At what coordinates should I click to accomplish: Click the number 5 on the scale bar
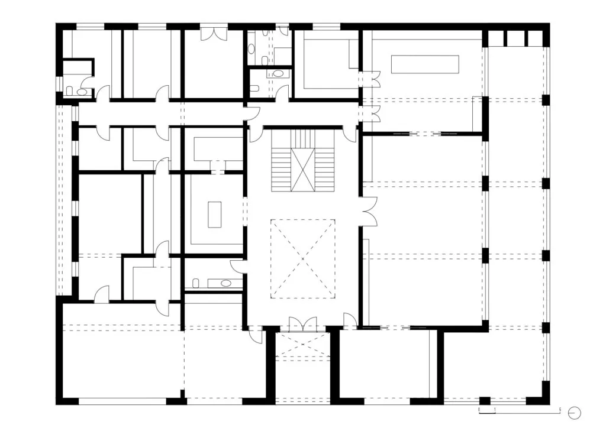(560, 409)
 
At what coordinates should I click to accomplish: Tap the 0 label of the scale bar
(479, 409)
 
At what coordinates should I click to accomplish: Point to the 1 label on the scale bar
(495, 409)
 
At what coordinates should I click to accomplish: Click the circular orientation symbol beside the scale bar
(575, 413)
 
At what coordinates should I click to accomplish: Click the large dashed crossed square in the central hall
(302, 258)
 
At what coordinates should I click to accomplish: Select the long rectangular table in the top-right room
(425, 64)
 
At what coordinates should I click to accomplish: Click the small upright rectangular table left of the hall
(214, 215)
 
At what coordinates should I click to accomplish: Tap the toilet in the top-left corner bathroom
(70, 92)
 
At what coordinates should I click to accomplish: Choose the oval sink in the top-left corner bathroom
(82, 92)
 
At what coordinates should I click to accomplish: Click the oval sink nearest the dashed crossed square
(225, 284)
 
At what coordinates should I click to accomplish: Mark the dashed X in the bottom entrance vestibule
(302, 344)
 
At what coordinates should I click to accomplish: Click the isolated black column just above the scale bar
(485, 401)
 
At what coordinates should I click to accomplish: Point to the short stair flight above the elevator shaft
(303, 138)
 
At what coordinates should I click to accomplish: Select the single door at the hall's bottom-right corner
(350, 322)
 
